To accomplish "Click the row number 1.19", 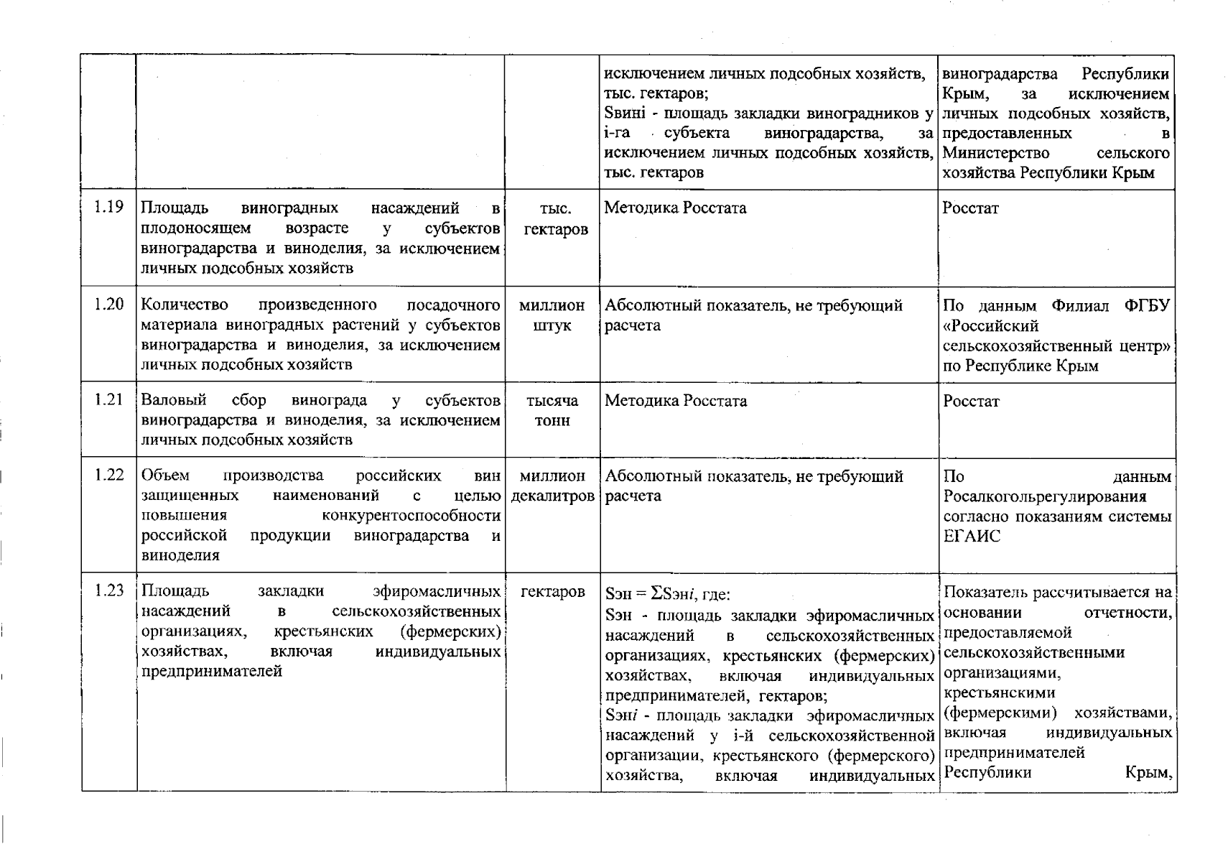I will click(109, 208).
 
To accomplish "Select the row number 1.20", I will click(109, 305).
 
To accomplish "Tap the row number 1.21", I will click(109, 399).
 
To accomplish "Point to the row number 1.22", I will click(109, 475).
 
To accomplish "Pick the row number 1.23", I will click(109, 590).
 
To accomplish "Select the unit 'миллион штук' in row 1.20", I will click(552, 315).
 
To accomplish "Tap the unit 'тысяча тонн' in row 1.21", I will click(552, 410).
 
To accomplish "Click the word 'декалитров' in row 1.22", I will click(552, 496).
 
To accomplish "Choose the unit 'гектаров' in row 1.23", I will click(552, 591).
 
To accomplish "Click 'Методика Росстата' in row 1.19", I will click(675, 208).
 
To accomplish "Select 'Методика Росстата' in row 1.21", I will click(675, 401).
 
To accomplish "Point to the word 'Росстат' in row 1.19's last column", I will click(970, 208).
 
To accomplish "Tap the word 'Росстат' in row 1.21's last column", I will click(970, 401).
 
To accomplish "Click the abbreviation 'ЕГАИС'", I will click(971, 537).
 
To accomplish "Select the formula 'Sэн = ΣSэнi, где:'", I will click(667, 594).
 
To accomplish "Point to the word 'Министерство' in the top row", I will click(995, 153).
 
